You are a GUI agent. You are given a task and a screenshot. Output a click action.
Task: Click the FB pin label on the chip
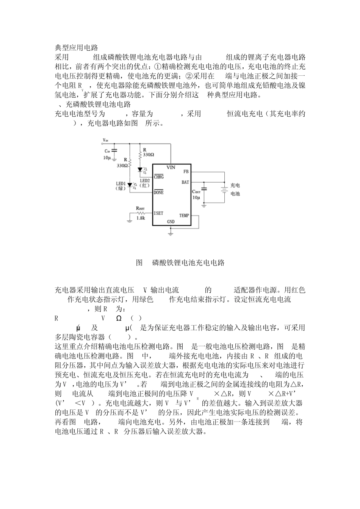[x=186, y=172]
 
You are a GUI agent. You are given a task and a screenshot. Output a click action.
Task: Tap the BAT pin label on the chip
[x=185, y=182]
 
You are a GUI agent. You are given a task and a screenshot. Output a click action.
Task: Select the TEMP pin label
[x=184, y=215]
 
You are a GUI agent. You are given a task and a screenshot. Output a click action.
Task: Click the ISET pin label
[x=158, y=213]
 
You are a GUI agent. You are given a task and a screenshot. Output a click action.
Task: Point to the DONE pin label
[x=158, y=192]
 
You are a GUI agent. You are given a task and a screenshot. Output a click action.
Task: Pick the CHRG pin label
[x=159, y=176]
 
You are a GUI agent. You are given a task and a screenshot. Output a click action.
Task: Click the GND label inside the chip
[x=171, y=222]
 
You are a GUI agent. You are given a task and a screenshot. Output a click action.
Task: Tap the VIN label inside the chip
[x=171, y=167]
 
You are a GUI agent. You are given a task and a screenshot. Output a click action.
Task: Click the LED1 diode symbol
[x=130, y=185]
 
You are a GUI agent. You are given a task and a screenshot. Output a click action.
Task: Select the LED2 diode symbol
[x=140, y=169]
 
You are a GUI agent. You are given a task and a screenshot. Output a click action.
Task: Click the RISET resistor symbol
[x=141, y=213]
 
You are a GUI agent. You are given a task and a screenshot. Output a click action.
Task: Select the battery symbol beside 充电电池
[x=224, y=189]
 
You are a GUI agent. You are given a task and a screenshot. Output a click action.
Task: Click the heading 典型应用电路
[x=77, y=48]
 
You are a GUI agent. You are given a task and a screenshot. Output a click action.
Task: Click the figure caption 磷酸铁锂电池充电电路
[x=188, y=262]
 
